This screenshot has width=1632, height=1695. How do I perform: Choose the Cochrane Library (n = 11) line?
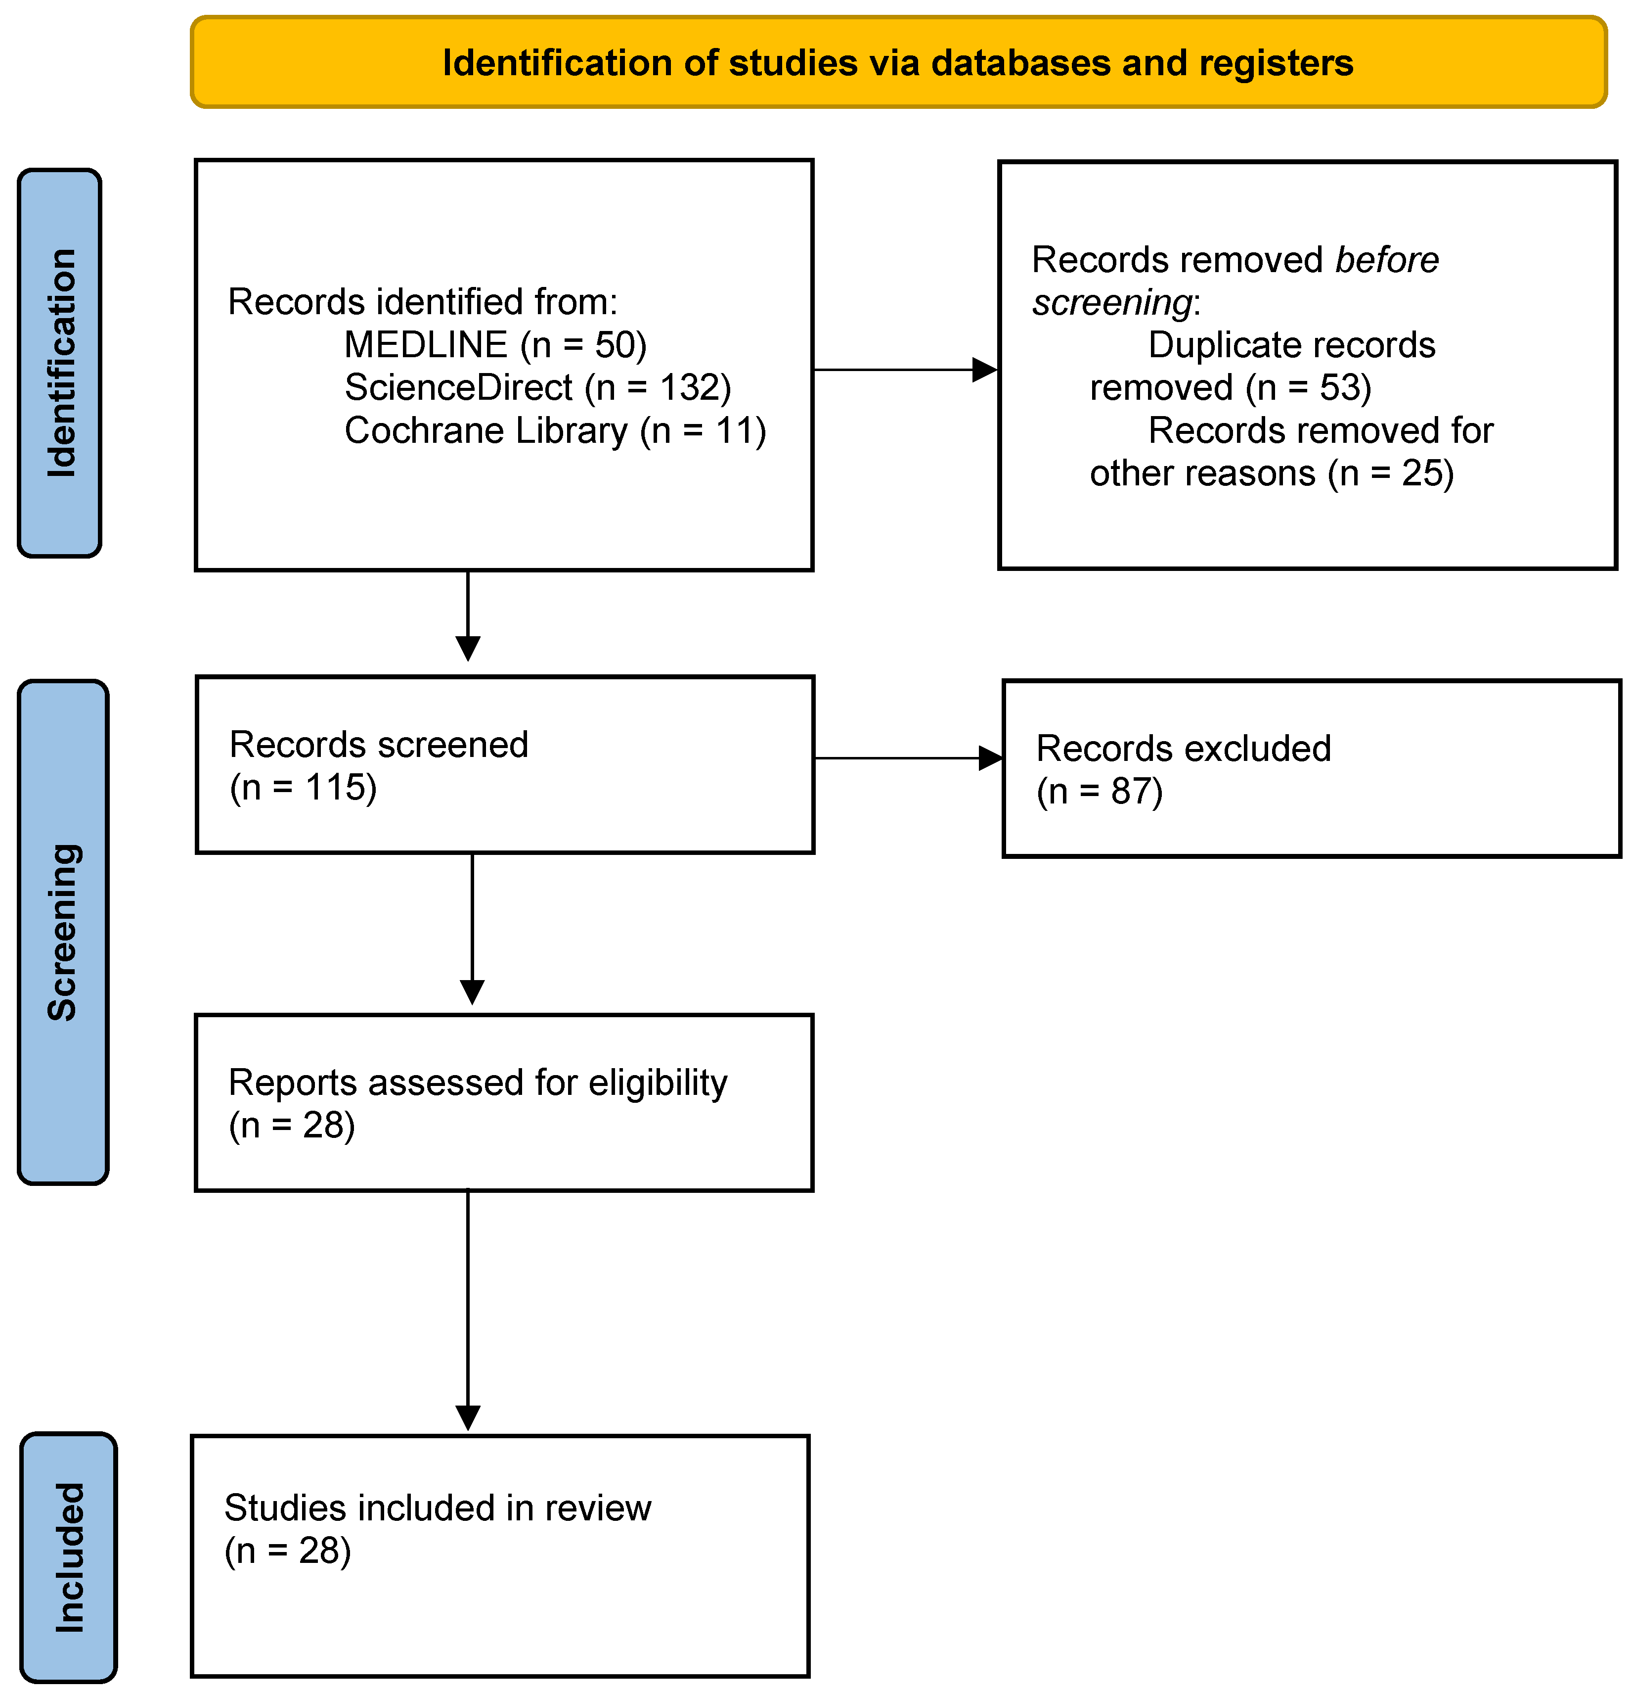(x=554, y=430)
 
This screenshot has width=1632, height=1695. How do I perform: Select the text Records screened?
(x=379, y=745)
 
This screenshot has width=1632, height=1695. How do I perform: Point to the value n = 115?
(x=303, y=788)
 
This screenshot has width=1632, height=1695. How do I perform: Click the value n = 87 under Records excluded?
(x=1100, y=791)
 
